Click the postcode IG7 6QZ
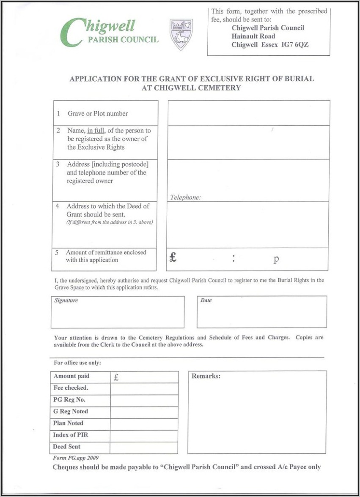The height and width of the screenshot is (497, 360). pos(295,45)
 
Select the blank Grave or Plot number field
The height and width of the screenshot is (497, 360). pos(248,113)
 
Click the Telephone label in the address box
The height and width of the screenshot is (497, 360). pos(185,197)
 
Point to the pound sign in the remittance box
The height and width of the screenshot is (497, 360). pos(173,257)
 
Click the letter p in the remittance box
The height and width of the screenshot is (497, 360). pos(276,259)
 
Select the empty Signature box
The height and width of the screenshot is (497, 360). pos(118,314)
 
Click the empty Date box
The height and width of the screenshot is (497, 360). pos(261,314)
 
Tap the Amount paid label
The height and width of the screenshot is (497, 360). pos(71,376)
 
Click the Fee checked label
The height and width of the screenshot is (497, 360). pos(71,388)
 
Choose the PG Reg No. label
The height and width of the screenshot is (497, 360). pos(69,400)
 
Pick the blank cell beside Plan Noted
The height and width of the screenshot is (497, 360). pos(144,424)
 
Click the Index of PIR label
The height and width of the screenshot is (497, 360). pos(71,435)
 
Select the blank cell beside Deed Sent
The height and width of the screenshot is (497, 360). pos(144,448)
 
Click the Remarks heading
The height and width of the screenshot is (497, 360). pos(206,376)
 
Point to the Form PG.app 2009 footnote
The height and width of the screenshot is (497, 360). pos(76,458)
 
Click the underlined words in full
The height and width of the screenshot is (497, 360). pos(96,131)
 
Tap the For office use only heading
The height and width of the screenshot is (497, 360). pos(77,363)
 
